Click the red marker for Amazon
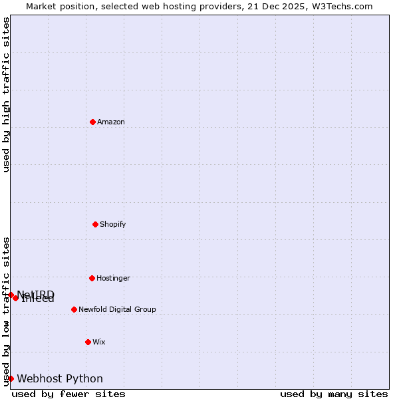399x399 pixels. point(92,122)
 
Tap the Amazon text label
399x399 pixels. point(111,122)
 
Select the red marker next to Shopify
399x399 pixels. point(95,224)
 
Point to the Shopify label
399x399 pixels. point(113,224)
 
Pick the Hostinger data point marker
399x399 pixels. point(92,278)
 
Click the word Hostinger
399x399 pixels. point(114,278)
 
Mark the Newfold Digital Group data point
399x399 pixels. point(74,309)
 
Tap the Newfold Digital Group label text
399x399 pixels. point(117,309)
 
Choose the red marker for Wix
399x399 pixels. point(88,342)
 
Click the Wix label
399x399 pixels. point(99,342)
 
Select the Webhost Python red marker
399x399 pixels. point(11,378)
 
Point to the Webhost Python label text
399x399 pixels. point(60,378)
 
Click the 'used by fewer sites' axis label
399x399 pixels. point(68,394)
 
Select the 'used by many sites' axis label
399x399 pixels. point(334,394)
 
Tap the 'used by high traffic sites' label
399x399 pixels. point(6,94)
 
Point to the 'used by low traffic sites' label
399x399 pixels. point(6,311)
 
